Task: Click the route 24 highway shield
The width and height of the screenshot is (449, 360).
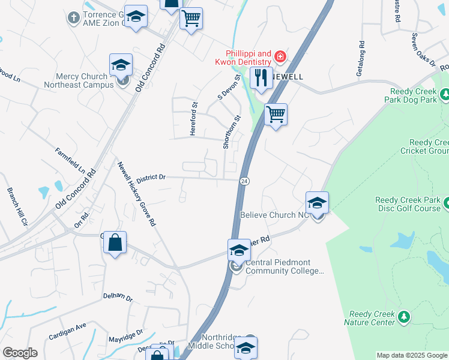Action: pyautogui.click(x=244, y=181)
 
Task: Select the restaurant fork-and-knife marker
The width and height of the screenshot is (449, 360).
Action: pyautogui.click(x=261, y=78)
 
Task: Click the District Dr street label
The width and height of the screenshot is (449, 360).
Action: pyautogui.click(x=150, y=178)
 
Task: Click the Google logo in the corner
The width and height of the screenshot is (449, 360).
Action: pyautogui.click(x=20, y=353)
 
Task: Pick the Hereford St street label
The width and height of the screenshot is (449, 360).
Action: pyautogui.click(x=194, y=119)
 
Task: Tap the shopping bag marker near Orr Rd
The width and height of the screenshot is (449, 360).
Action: pyautogui.click(x=115, y=244)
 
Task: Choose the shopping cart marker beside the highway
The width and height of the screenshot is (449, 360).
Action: pyautogui.click(x=276, y=114)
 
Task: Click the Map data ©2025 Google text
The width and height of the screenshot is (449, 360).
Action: pyautogui.click(x=412, y=355)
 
